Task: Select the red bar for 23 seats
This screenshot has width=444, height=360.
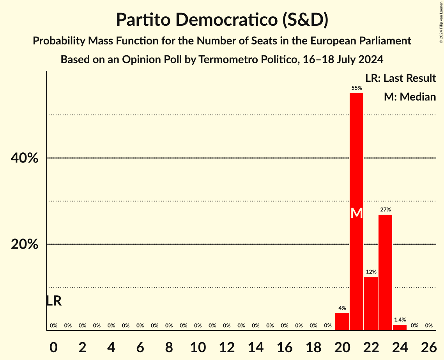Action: tap(385, 272)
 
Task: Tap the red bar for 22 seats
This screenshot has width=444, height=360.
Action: tap(371, 304)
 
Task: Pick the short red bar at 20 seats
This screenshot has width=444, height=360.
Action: tap(342, 322)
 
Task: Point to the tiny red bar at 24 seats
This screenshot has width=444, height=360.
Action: tap(400, 328)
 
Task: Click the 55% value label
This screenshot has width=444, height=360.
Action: tap(356, 88)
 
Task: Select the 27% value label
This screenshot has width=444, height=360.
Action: tap(385, 210)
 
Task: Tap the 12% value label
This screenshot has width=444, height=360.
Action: tap(371, 272)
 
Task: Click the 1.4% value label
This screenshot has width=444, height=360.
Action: tap(400, 319)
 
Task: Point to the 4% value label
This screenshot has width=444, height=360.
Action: tap(342, 308)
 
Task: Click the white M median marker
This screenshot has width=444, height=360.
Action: tap(356, 213)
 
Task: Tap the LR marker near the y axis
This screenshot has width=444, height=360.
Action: tap(53, 301)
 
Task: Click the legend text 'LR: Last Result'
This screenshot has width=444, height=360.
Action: tap(400, 78)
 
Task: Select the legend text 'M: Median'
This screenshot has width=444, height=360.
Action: tap(410, 97)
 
